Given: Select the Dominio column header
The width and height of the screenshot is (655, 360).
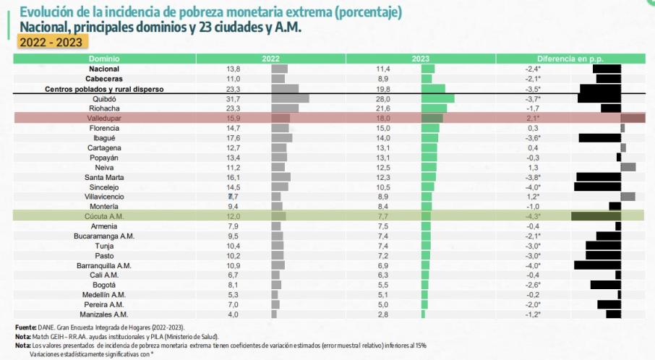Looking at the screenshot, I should (104, 58).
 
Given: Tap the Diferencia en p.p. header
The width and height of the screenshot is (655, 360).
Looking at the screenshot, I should (570, 58).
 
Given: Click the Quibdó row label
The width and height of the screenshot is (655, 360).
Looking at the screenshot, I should (104, 98).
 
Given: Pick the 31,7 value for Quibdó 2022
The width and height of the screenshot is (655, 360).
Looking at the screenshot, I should (233, 98).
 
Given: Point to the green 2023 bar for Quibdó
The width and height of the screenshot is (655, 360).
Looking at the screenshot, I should (438, 98).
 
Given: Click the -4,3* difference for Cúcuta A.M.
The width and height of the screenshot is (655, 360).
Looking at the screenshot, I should (533, 216).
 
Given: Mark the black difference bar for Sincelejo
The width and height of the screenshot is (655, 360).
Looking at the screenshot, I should (597, 187).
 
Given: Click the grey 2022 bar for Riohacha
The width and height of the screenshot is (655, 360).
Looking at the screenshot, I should (284, 108).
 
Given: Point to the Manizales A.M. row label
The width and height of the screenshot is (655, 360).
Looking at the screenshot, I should (104, 314).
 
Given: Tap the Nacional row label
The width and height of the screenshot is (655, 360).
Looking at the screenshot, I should (104, 69).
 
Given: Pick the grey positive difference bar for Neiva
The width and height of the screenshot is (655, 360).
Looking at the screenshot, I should (628, 167).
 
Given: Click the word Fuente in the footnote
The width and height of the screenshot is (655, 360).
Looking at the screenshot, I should (26, 327).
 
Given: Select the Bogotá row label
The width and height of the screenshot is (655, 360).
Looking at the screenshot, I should (104, 285).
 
